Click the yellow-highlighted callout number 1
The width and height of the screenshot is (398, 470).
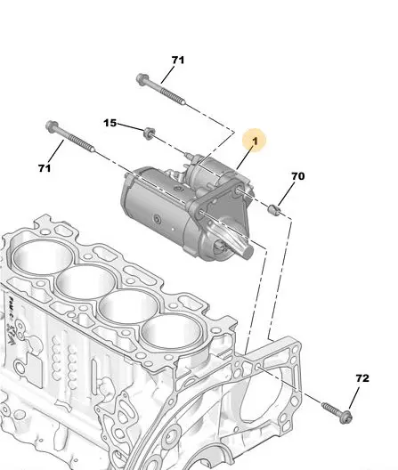point(255,141)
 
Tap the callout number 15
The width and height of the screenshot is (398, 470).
point(110,123)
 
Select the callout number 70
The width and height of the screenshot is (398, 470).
point(297,176)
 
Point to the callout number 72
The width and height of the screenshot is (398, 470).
point(362,378)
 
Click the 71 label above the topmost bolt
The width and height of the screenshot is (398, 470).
point(178,60)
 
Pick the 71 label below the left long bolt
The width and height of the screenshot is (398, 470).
point(45,168)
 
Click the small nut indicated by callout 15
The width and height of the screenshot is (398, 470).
point(149,134)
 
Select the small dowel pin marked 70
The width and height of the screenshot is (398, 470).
point(274,209)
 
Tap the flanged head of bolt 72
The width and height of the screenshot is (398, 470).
point(346,417)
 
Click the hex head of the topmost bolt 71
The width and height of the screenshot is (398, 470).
point(142,79)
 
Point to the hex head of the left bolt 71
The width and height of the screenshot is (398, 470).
point(52,126)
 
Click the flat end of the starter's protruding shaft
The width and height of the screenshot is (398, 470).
point(248,251)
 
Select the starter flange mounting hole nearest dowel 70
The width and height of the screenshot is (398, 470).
point(240,190)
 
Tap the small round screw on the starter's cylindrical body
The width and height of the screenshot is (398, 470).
point(158,220)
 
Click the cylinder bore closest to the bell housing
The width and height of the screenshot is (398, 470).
point(172,332)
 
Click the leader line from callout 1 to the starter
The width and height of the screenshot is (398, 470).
point(245,158)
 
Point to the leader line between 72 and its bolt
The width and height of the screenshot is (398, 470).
point(353,398)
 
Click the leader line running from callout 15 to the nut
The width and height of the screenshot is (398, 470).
point(131,126)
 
